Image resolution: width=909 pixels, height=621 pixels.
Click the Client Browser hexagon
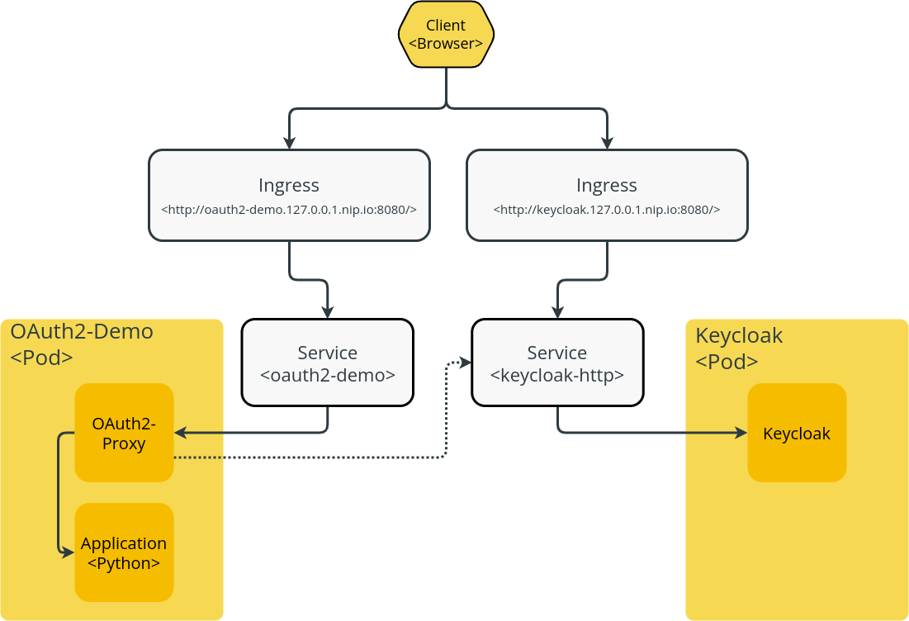(x=446, y=35)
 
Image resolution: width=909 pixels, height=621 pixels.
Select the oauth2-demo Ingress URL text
(x=289, y=210)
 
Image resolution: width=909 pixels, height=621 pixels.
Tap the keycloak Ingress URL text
(x=607, y=210)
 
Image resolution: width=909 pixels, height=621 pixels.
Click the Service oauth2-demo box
(x=328, y=363)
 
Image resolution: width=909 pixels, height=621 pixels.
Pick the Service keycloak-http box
(x=557, y=363)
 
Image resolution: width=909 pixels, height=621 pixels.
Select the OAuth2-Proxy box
(x=124, y=433)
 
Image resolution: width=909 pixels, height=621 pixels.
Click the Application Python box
(x=124, y=552)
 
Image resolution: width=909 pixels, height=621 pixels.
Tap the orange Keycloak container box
(x=797, y=433)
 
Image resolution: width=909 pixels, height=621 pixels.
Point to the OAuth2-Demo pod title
(x=82, y=332)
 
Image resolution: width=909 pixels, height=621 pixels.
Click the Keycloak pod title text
(x=739, y=336)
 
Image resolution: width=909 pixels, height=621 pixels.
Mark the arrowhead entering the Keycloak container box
(x=741, y=433)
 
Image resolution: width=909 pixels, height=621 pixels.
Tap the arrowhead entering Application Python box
(x=69, y=552)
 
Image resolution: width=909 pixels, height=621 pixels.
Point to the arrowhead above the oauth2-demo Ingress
(x=289, y=142)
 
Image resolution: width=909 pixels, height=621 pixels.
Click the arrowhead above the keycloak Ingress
(x=607, y=142)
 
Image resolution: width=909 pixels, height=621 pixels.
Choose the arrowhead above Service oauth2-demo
(x=328, y=313)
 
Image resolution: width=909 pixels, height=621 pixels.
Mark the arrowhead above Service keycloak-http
(x=557, y=313)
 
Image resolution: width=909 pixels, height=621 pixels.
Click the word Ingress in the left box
(x=289, y=185)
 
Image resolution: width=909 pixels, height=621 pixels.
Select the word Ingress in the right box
(x=607, y=185)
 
